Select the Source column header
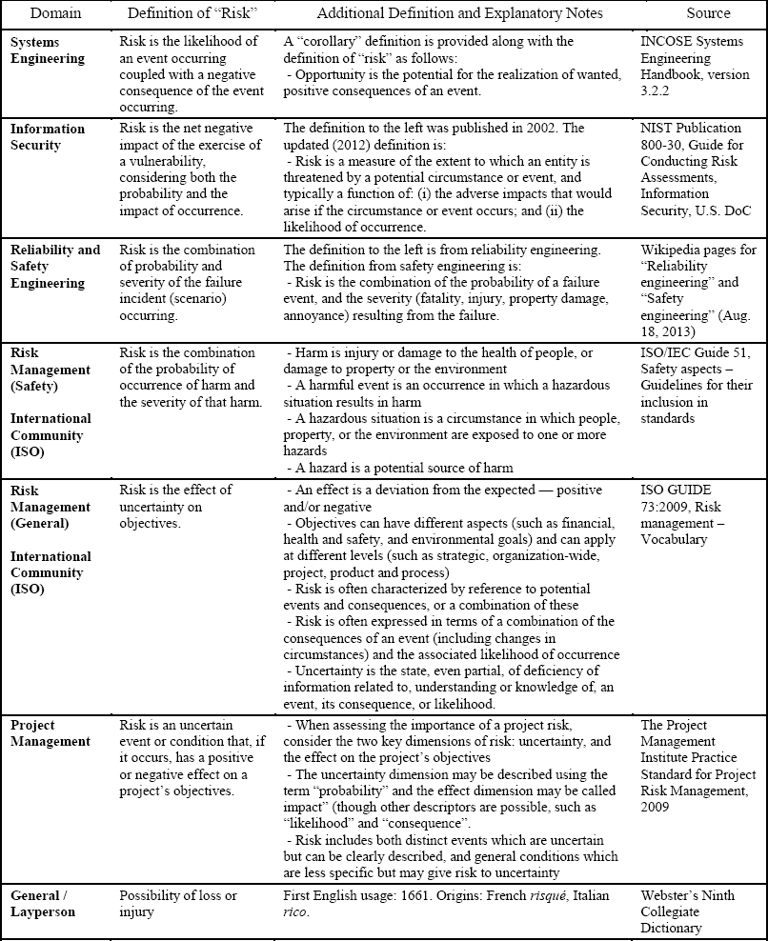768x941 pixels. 708,13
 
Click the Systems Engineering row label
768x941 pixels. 48,50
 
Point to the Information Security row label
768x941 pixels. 48,136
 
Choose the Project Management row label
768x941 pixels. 51,732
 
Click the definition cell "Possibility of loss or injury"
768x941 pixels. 178,904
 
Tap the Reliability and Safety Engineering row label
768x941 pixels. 54,266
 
